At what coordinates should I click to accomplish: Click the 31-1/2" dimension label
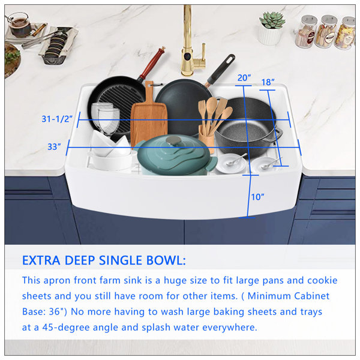click(57, 119)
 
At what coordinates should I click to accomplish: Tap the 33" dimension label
click(54, 147)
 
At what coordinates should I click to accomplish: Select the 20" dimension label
click(244, 78)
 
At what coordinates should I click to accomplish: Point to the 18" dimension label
click(268, 82)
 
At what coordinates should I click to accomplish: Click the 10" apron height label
click(257, 197)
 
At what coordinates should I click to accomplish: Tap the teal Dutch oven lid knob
click(174, 140)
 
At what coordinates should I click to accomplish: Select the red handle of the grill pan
click(151, 62)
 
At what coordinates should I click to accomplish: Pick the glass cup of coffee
click(20, 25)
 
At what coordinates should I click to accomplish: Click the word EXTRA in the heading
click(41, 260)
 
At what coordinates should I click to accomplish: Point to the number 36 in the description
click(54, 312)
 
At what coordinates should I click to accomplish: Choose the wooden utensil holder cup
click(206, 138)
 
